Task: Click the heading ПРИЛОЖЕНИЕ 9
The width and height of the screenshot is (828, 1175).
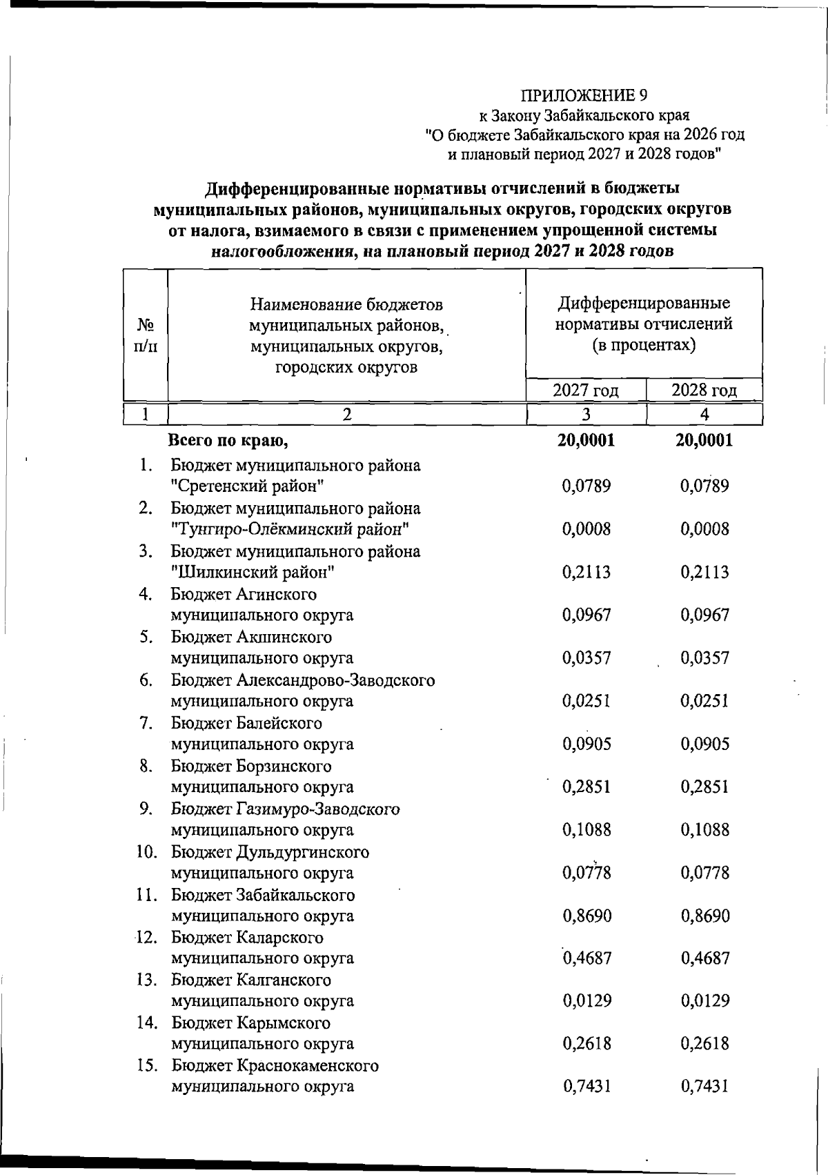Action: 584,95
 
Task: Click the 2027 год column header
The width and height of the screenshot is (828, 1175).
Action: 585,391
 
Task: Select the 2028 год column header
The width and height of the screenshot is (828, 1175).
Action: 704,391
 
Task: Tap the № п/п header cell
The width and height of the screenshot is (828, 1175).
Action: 145,335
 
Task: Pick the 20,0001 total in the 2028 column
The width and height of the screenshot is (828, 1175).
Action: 704,440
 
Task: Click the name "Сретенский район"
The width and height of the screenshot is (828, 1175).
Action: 248,486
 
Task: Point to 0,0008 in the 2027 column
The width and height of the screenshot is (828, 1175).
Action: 586,529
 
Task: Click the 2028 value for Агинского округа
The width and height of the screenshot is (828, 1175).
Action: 704,615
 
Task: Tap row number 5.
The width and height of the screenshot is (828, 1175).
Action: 145,637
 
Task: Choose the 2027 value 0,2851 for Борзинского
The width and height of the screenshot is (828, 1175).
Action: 586,787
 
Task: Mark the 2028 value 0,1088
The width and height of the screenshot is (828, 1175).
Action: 704,829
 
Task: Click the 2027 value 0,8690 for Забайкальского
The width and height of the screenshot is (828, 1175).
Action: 586,916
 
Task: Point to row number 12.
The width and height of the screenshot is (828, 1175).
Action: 144,938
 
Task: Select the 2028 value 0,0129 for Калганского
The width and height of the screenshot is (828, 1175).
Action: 704,1000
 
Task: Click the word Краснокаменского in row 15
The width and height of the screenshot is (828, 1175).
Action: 308,1065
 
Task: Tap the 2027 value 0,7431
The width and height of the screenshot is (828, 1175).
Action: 586,1087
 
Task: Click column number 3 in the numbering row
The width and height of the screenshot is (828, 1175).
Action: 585,414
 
